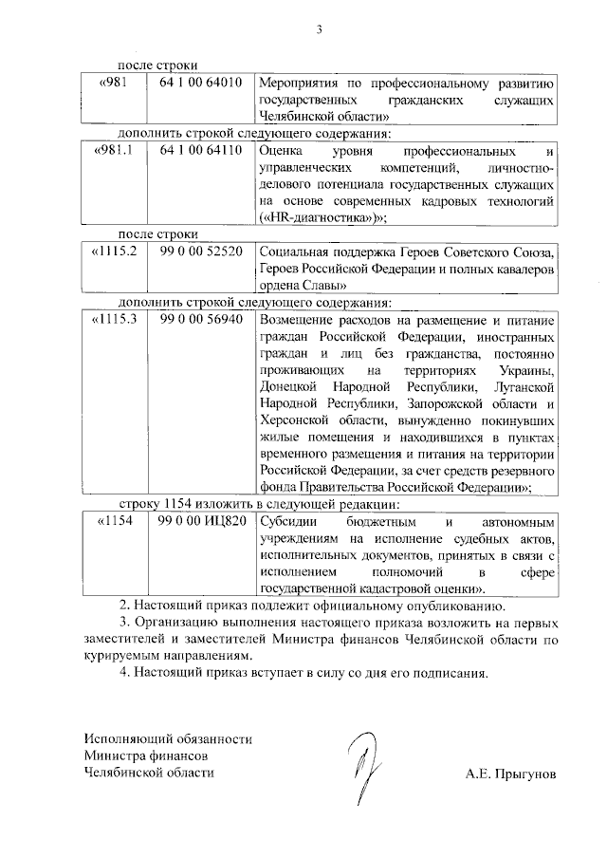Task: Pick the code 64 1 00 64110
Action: click(201, 151)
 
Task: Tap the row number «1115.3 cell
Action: click(116, 320)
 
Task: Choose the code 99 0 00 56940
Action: click(201, 320)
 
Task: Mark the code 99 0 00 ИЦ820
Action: click(203, 521)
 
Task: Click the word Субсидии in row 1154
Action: click(289, 521)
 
